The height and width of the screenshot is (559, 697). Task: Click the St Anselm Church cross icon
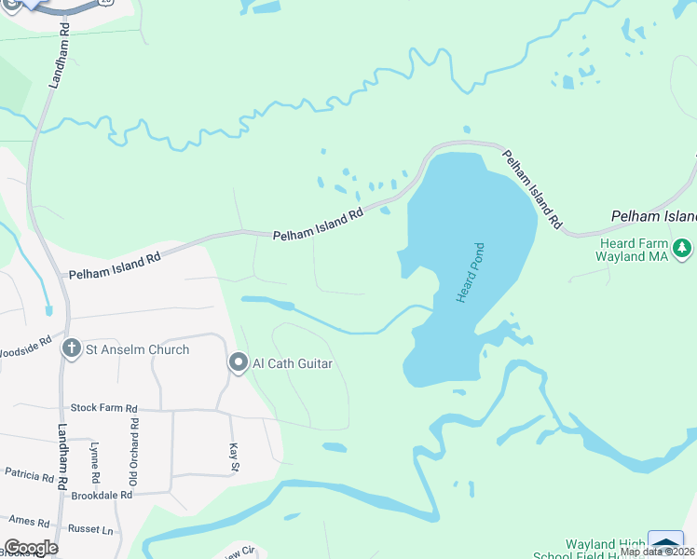click(x=72, y=349)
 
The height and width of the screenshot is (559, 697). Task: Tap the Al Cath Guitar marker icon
click(x=239, y=362)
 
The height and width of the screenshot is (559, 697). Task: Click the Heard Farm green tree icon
click(x=683, y=248)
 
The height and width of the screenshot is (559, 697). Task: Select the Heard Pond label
click(x=470, y=272)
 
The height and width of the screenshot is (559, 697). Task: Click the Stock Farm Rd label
click(x=103, y=409)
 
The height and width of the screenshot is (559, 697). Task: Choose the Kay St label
click(x=234, y=457)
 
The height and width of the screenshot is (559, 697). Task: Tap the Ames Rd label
click(x=29, y=521)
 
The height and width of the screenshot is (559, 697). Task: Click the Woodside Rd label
click(x=25, y=353)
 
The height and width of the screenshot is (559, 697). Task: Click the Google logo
click(x=30, y=548)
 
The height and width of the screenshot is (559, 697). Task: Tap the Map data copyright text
click(x=658, y=552)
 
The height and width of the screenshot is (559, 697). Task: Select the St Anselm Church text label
click(x=137, y=349)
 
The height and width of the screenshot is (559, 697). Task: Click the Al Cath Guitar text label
click(x=293, y=363)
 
